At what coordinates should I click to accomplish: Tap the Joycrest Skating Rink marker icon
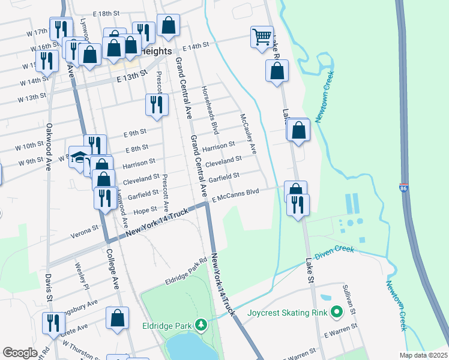point(336,312)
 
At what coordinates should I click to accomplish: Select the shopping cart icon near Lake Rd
point(262,37)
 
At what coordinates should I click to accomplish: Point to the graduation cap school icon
point(79,157)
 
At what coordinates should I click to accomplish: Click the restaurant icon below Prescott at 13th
point(156,104)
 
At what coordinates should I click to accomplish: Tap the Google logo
point(20,353)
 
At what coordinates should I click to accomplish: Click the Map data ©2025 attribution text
point(423,355)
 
